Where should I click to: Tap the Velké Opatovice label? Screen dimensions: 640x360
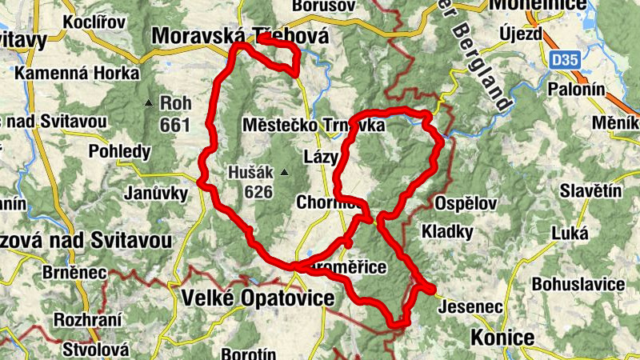pyautogui.click(x=258, y=298)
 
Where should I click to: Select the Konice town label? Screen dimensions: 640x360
pyautogui.click(x=502, y=338)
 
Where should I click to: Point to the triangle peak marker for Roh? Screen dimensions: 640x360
pyautogui.click(x=149, y=103)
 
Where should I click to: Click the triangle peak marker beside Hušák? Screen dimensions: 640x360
pyautogui.click(x=282, y=171)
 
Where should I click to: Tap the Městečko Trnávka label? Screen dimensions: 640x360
pyautogui.click(x=314, y=126)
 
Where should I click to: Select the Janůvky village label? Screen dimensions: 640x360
pyautogui.click(x=156, y=193)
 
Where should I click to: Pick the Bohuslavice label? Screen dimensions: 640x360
pyautogui.click(x=578, y=284)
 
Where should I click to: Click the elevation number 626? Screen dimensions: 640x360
pyautogui.click(x=261, y=192)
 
